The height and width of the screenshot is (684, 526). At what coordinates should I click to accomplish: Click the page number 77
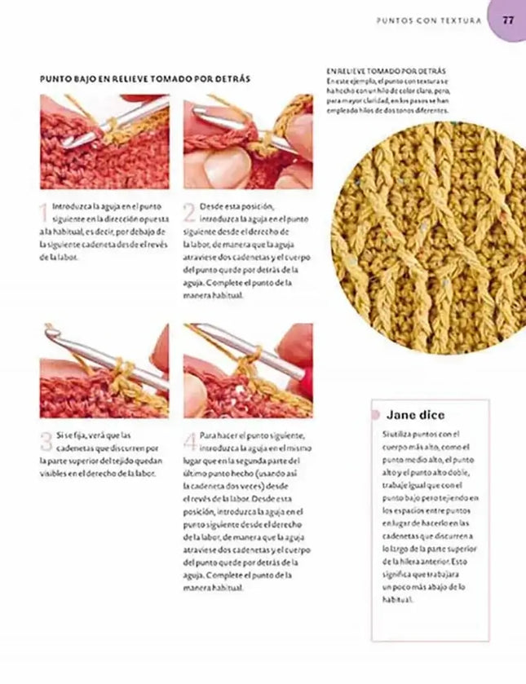click(507, 21)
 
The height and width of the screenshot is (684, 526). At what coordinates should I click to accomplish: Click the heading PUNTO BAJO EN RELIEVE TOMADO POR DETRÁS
click(144, 79)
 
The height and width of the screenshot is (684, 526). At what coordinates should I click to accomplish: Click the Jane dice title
click(415, 414)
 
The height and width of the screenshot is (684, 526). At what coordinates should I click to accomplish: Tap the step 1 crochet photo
click(104, 141)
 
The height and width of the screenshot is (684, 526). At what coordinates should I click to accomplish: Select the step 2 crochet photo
click(247, 141)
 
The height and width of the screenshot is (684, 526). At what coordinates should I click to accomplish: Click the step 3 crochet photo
click(104, 370)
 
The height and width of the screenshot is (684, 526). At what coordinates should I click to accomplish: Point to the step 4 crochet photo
click(247, 370)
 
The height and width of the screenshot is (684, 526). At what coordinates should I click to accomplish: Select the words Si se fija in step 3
click(69, 435)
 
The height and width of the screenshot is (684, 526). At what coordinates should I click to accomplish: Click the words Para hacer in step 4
click(219, 435)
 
